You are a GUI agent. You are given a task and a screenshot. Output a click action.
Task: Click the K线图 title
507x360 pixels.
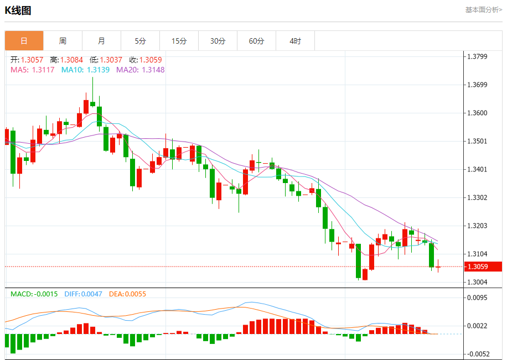18,10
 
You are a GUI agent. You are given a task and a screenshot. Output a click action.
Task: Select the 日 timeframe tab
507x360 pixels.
24,41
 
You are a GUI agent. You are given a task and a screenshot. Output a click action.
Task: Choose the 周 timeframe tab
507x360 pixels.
63,41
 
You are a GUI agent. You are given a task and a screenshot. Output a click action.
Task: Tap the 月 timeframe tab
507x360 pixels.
101,41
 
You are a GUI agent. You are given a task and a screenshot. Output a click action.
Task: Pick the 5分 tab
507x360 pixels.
140,41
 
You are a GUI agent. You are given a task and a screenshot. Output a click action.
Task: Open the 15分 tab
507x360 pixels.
179,41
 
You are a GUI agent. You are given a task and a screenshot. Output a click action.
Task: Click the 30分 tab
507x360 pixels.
218,41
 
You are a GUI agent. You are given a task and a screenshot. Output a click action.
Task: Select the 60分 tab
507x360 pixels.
256,41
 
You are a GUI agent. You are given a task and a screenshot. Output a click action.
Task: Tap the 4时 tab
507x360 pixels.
295,41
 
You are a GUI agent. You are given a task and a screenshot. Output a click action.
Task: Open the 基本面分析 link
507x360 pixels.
483,9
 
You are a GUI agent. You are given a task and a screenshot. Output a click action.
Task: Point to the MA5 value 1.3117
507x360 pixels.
43,70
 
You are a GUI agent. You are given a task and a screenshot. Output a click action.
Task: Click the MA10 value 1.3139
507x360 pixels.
98,70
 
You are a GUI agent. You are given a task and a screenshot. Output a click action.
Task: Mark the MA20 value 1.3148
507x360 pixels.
153,70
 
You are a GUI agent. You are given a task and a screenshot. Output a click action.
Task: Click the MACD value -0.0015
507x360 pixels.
45,294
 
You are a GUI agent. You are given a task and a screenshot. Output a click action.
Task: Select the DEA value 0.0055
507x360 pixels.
135,294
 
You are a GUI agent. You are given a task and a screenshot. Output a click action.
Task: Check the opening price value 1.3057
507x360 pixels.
32,60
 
